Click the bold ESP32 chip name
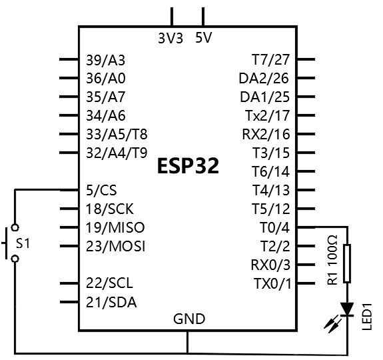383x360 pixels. click(188, 166)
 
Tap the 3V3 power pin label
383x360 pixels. click(171, 39)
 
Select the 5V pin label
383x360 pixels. click(203, 37)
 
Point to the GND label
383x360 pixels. click(189, 319)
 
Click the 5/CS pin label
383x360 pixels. click(101, 190)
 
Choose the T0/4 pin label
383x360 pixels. click(275, 227)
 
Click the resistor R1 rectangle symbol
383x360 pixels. click(347, 263)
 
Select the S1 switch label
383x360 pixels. click(23, 243)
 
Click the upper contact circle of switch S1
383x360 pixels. click(15, 227)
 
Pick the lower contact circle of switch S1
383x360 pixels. click(15, 259)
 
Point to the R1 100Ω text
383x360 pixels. click(332, 260)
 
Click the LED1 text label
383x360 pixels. click(366, 317)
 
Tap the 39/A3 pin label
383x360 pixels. click(105, 60)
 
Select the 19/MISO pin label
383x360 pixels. click(115, 227)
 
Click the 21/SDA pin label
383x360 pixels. click(111, 302)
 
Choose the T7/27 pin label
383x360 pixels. click(271, 59)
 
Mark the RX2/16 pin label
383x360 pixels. click(266, 135)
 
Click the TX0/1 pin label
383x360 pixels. click(272, 284)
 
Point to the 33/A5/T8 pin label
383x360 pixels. click(117, 135)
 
